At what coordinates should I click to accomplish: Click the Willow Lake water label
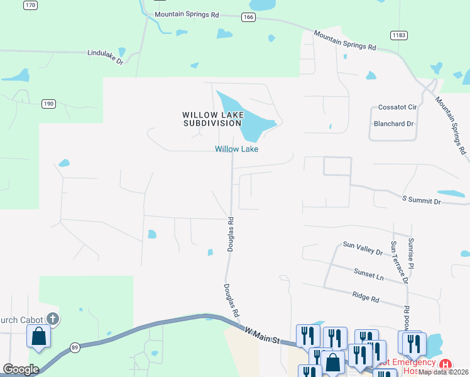click(x=237, y=149)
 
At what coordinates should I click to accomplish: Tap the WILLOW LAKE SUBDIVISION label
click(x=212, y=119)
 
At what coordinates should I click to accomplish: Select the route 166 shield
click(x=248, y=18)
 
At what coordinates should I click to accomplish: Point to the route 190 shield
click(x=49, y=103)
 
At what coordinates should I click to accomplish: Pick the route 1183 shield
click(x=397, y=35)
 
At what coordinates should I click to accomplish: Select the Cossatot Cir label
click(x=397, y=107)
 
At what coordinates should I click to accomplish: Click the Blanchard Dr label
click(x=394, y=124)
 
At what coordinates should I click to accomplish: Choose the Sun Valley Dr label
click(x=363, y=248)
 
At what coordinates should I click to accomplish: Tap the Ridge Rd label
click(x=366, y=297)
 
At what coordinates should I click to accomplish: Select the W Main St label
click(x=261, y=335)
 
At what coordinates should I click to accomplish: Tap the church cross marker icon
click(x=53, y=319)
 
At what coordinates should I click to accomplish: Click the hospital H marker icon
click(x=445, y=364)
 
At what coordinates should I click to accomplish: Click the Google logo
click(x=21, y=369)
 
